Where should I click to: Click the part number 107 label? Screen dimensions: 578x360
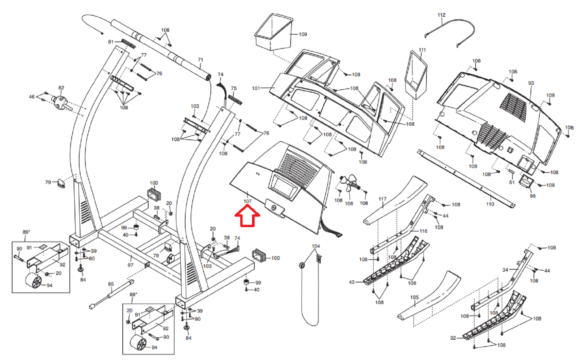pyautogui.click(x=247, y=201)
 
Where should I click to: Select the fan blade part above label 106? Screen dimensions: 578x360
pyautogui.click(x=350, y=184)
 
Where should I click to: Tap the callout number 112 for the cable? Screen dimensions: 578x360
pyautogui.click(x=441, y=15)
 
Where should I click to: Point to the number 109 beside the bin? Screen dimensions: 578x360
pyautogui.click(x=303, y=34)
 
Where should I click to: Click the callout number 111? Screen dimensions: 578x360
pyautogui.click(x=422, y=50)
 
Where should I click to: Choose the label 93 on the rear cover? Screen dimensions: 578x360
pyautogui.click(x=531, y=83)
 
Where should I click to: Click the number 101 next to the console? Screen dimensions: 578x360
pyautogui.click(x=256, y=88)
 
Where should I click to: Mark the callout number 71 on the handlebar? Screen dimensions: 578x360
pyautogui.click(x=200, y=60)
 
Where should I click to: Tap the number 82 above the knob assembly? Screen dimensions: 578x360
pyautogui.click(x=61, y=88)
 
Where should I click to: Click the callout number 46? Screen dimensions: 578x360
pyautogui.click(x=32, y=97)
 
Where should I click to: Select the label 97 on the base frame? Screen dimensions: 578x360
pyautogui.click(x=130, y=265)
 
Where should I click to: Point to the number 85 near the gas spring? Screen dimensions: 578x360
pyautogui.click(x=111, y=284)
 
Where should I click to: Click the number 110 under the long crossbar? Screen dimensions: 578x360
pyautogui.click(x=490, y=204)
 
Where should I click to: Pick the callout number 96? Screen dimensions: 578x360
pyautogui.click(x=533, y=196)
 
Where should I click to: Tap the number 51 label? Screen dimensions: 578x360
pyautogui.click(x=512, y=182)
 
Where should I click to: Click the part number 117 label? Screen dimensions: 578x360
pyautogui.click(x=382, y=199)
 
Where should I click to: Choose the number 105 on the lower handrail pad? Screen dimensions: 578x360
pyautogui.click(x=414, y=297)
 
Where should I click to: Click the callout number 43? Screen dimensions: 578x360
pyautogui.click(x=352, y=282)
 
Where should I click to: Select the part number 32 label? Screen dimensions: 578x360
pyautogui.click(x=453, y=338)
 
